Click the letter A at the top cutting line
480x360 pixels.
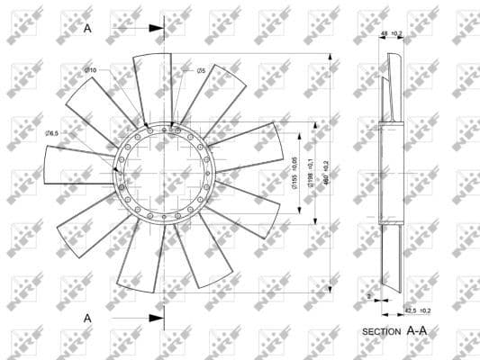[87, 28]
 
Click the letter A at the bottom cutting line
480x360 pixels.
[87, 318]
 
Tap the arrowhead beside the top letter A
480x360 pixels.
[157, 29]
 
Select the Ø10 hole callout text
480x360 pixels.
[90, 70]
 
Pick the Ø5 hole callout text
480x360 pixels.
[201, 70]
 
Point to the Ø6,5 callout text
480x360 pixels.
[51, 133]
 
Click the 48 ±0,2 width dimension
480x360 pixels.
[392, 33]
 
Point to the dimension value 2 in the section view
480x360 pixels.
[368, 295]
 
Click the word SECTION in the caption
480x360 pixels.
[382, 331]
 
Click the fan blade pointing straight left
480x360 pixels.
[77, 171]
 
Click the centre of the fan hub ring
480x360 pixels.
[164, 171]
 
